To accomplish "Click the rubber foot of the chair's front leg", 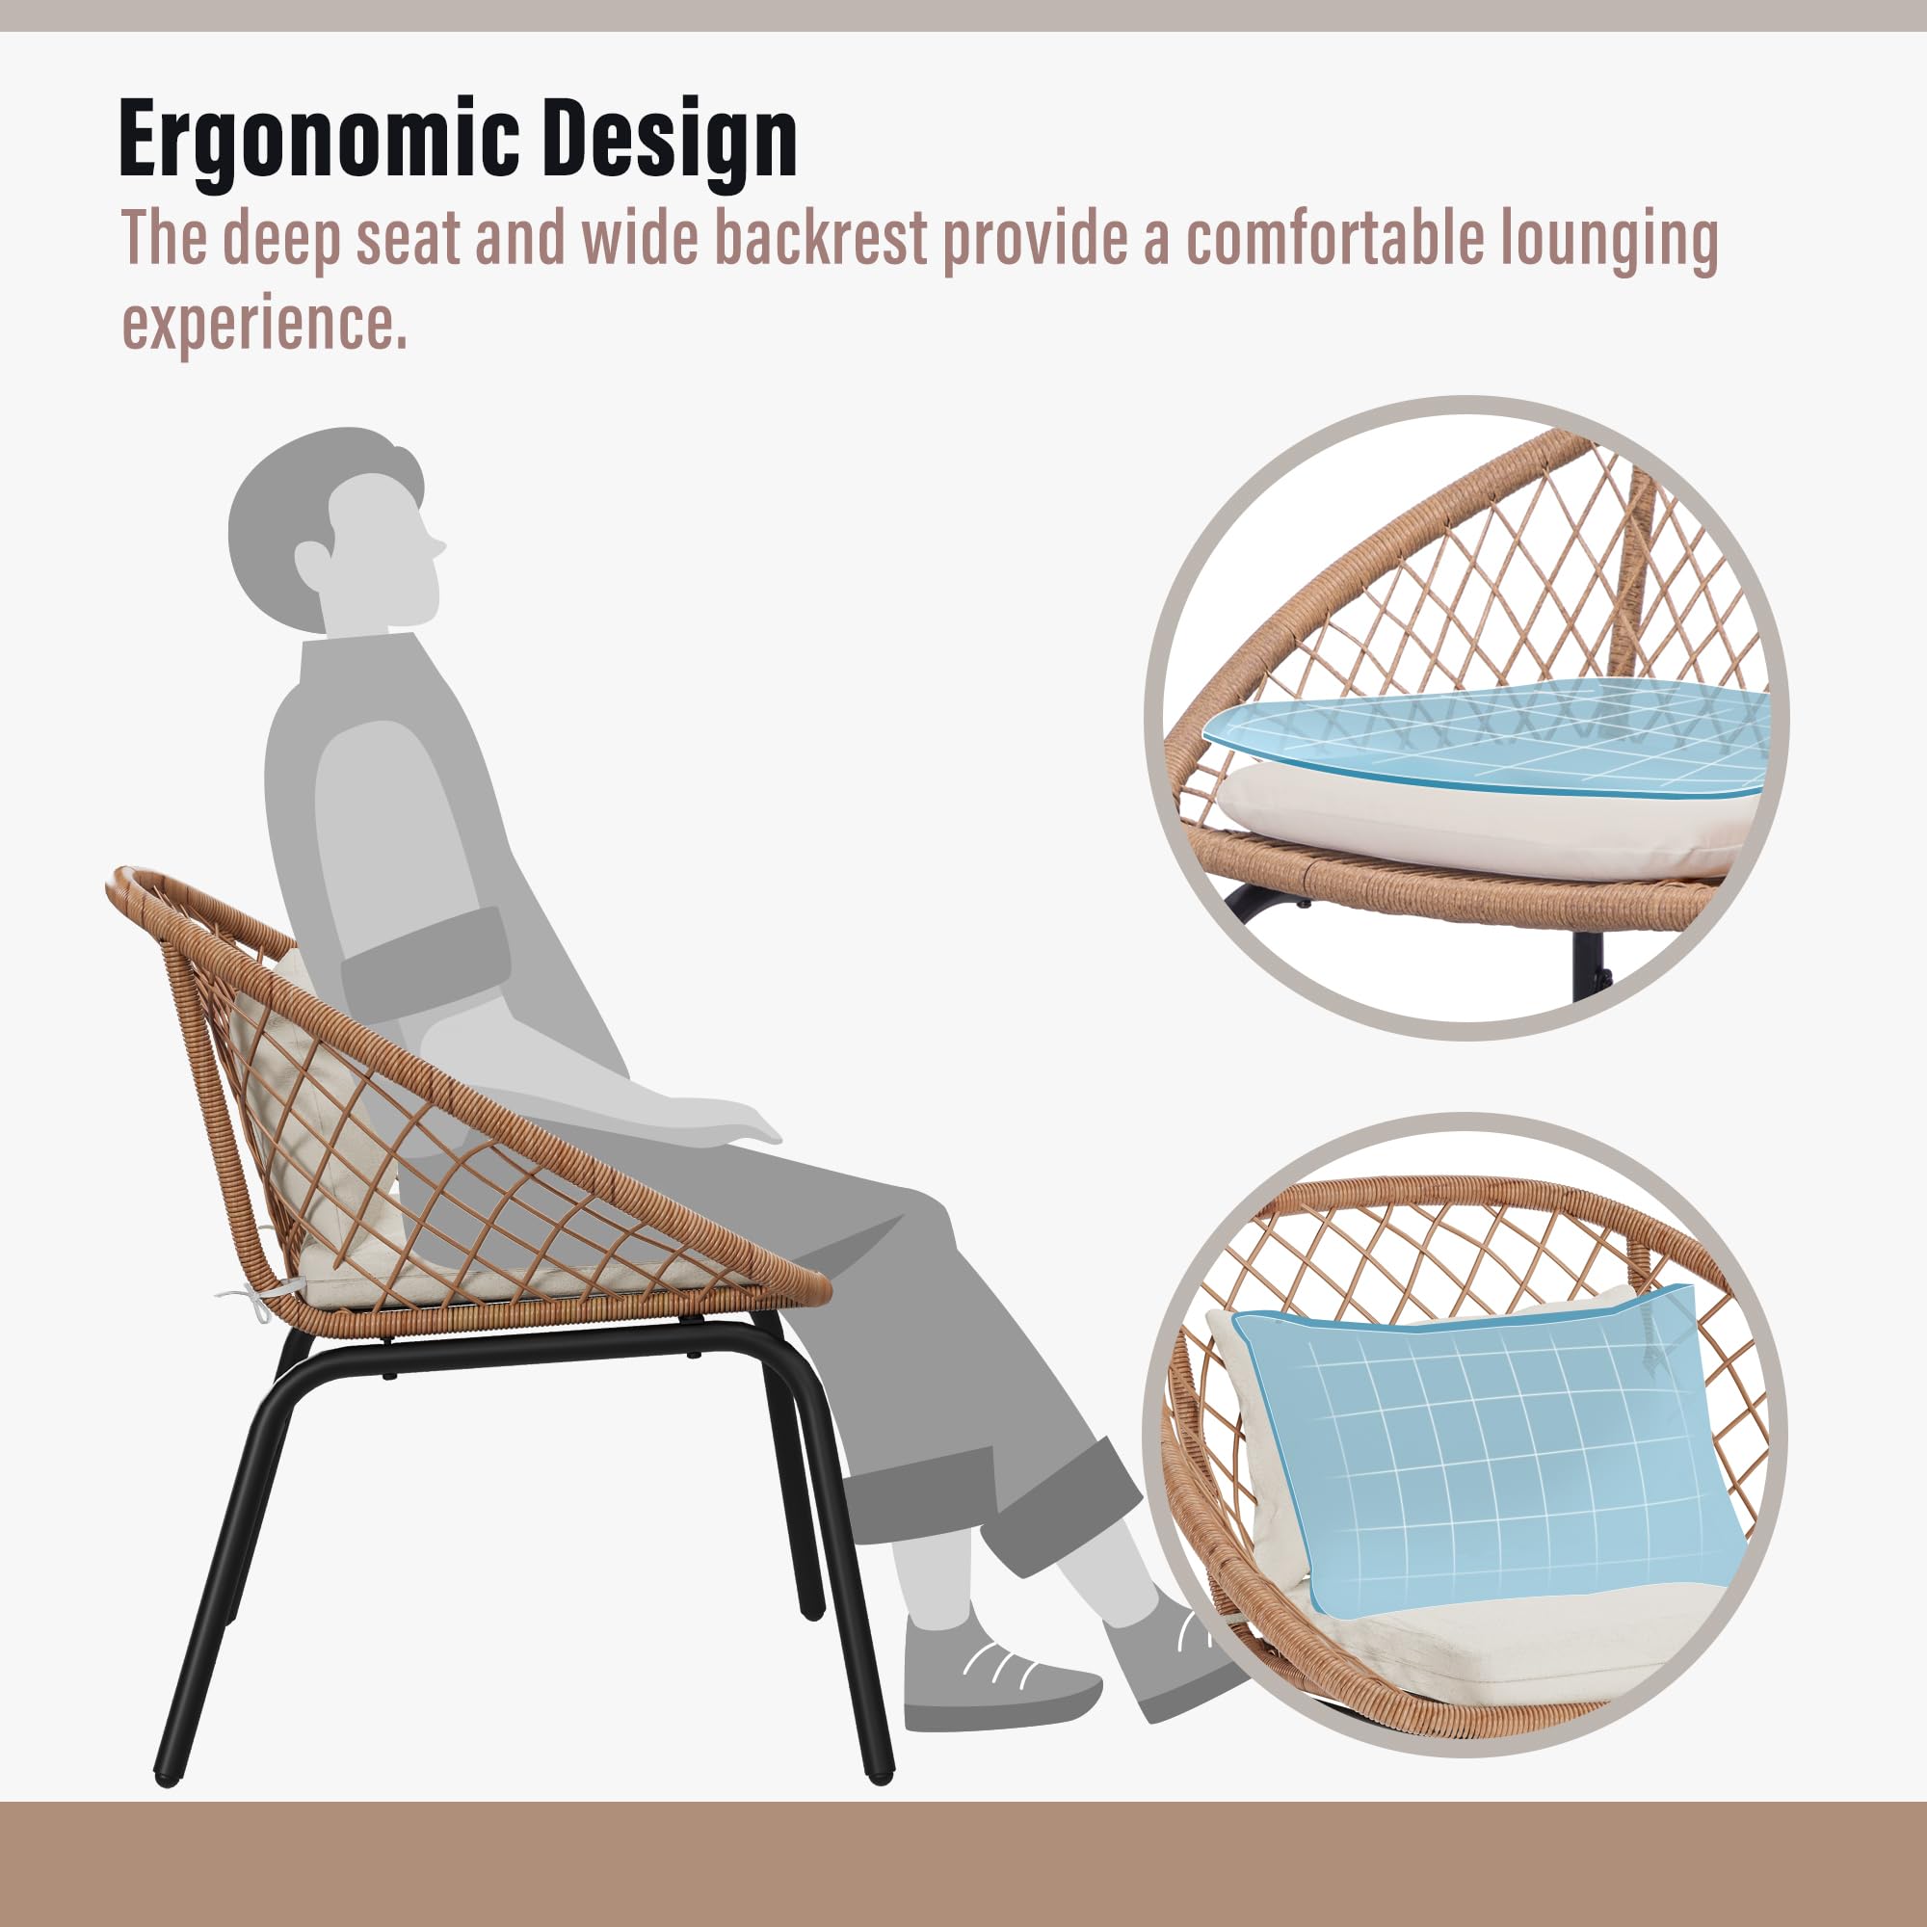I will (x=880, y=1777).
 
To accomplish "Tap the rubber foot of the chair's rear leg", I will (x=166, y=1777).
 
